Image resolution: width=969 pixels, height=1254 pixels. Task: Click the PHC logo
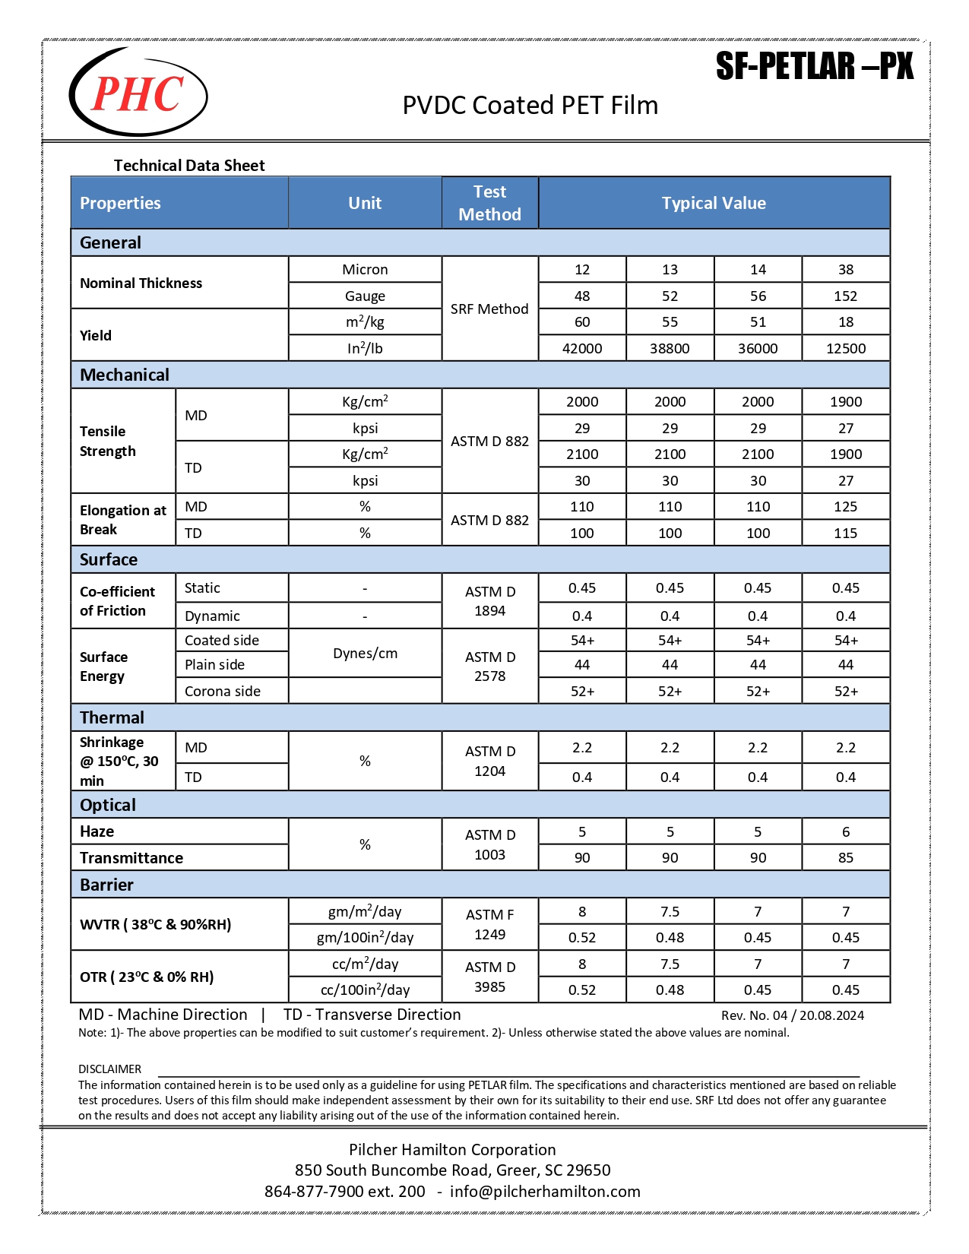138,93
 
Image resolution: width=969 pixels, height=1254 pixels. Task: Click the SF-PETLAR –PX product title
814,67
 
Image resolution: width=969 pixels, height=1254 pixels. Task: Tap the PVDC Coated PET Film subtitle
530,105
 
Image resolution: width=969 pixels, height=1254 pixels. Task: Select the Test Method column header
489,203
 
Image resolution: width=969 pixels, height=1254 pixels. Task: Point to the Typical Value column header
714,203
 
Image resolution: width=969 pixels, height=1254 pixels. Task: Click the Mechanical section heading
125,375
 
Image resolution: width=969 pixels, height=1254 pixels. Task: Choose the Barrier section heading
106,885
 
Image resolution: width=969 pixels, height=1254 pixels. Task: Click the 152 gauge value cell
845,296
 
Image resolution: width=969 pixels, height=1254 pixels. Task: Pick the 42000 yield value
582,348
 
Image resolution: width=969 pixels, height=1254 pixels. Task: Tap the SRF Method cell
489,309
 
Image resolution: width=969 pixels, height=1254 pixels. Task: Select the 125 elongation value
845,506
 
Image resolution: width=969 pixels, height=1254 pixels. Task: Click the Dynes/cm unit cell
365,653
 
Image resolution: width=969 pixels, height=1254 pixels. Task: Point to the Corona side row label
223,691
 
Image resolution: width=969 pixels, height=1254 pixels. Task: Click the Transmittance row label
131,857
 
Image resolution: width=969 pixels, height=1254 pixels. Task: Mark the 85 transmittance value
845,857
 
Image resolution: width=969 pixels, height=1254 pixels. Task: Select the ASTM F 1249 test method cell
489,924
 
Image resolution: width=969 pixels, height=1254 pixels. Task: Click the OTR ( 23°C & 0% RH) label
147,977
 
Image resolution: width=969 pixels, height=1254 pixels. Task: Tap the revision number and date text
792,1015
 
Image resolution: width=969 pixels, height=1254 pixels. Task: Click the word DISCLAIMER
109,1069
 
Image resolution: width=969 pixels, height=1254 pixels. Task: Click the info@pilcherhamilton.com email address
545,1191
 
